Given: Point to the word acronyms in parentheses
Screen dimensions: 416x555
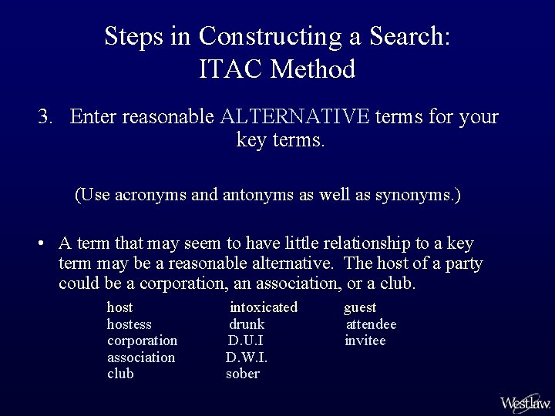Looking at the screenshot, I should click(x=150, y=195).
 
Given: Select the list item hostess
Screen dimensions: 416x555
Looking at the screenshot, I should click(x=129, y=324).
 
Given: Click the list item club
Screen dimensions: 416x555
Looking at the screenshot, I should click(x=120, y=374).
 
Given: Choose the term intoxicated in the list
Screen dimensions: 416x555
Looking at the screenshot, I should click(x=264, y=307).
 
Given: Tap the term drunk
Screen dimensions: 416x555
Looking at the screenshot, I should click(x=247, y=324).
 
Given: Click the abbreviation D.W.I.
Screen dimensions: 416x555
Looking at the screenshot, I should click(x=247, y=357).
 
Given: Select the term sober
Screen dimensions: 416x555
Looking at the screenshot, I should click(x=243, y=374).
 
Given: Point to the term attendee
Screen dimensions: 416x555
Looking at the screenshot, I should click(x=371, y=324).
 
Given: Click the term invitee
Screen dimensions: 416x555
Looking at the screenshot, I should click(x=365, y=341).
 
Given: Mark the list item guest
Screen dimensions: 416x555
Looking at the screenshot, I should click(x=360, y=307).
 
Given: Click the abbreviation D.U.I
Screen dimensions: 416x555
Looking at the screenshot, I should click(x=246, y=341).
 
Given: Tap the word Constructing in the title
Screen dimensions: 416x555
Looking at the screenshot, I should click(x=270, y=35).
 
